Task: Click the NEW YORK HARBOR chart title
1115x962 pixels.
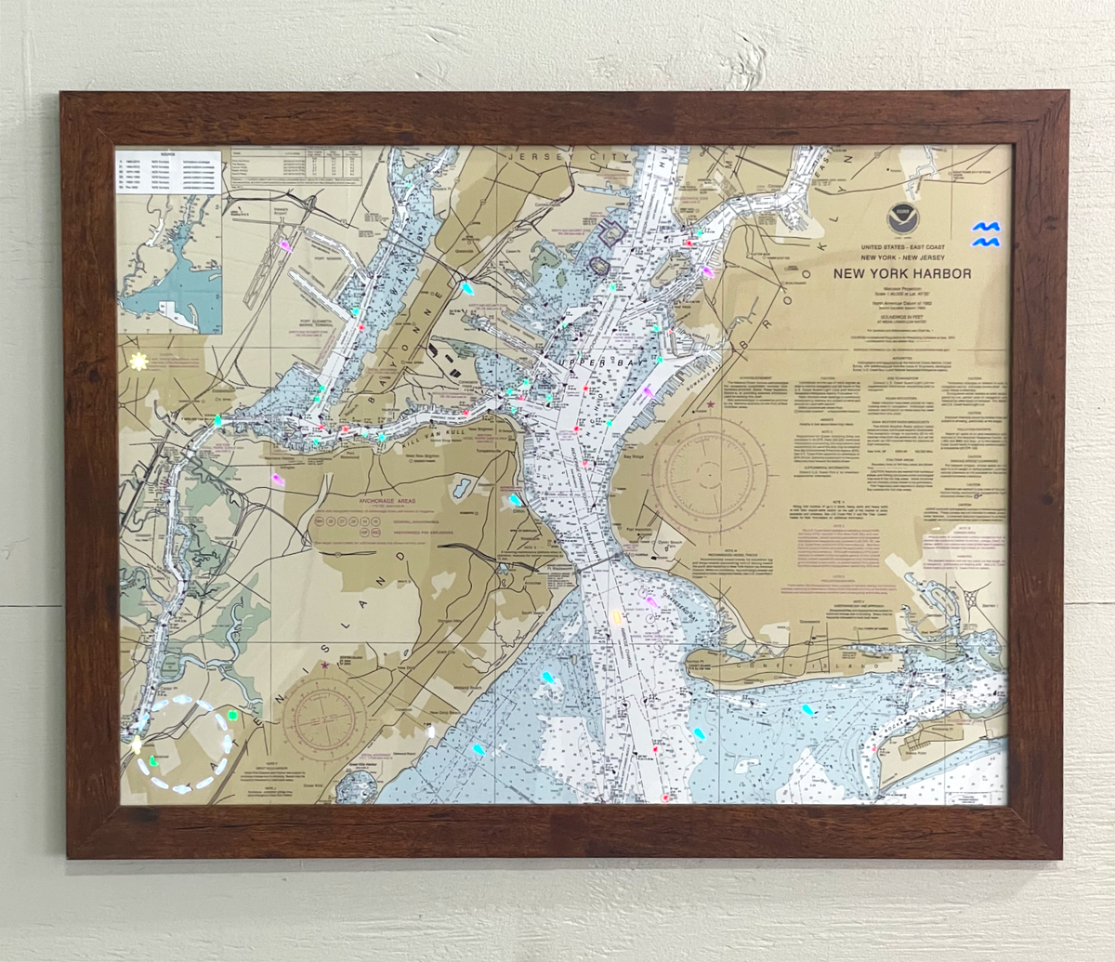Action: [901, 273]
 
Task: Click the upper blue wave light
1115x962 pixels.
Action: [985, 227]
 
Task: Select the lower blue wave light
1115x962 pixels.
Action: [986, 243]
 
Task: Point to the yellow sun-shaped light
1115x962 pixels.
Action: [138, 362]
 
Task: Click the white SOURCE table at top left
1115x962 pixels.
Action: [168, 171]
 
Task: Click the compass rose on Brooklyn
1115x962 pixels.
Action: [709, 476]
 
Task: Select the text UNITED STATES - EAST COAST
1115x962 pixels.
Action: [902, 246]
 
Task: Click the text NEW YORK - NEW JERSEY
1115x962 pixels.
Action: [902, 257]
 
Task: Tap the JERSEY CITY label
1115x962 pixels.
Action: [547, 158]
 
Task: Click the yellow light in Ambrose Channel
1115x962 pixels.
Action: [616, 616]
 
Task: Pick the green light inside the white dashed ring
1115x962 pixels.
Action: [155, 760]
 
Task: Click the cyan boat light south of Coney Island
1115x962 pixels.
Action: [807, 709]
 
